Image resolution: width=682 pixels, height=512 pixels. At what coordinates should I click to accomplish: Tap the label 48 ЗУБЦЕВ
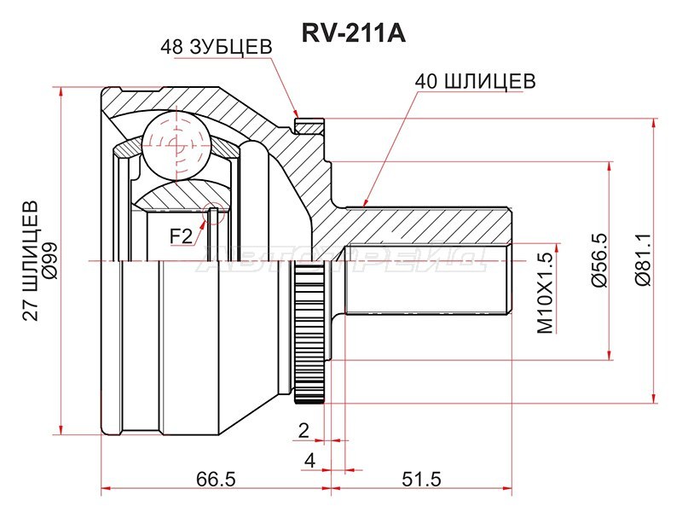click(x=216, y=48)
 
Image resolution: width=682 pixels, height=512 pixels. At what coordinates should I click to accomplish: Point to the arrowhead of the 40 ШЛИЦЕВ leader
click(x=364, y=205)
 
